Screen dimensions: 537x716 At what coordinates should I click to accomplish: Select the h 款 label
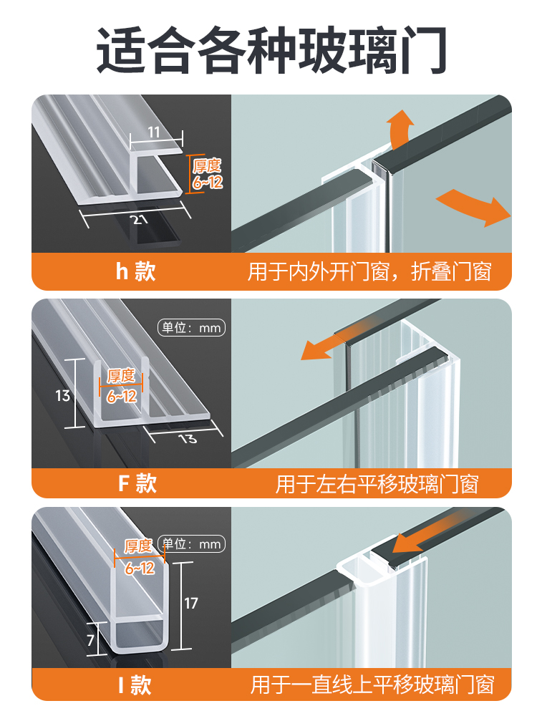[135, 272]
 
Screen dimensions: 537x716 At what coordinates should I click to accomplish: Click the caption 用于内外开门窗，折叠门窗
[369, 272]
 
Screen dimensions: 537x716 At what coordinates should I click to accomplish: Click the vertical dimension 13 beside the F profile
[63, 395]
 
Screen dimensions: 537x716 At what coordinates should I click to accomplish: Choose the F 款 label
[137, 483]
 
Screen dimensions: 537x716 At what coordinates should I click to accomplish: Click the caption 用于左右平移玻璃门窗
[377, 484]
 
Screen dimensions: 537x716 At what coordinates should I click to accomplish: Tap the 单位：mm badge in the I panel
[191, 545]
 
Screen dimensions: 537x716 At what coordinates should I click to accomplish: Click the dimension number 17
[190, 603]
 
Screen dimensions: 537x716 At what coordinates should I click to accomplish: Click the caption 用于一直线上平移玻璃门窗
[372, 684]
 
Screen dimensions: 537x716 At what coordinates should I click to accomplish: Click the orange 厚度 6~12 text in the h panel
[207, 174]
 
